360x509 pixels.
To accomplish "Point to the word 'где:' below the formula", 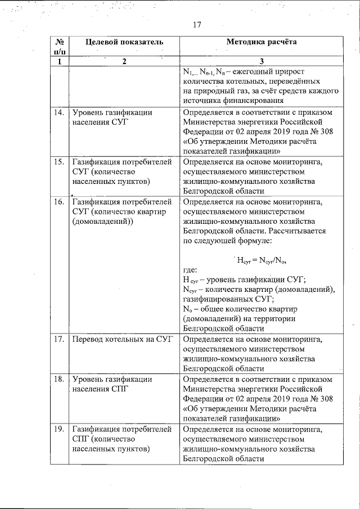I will tap(191, 271).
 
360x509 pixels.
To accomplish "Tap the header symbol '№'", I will tap(59, 42).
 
